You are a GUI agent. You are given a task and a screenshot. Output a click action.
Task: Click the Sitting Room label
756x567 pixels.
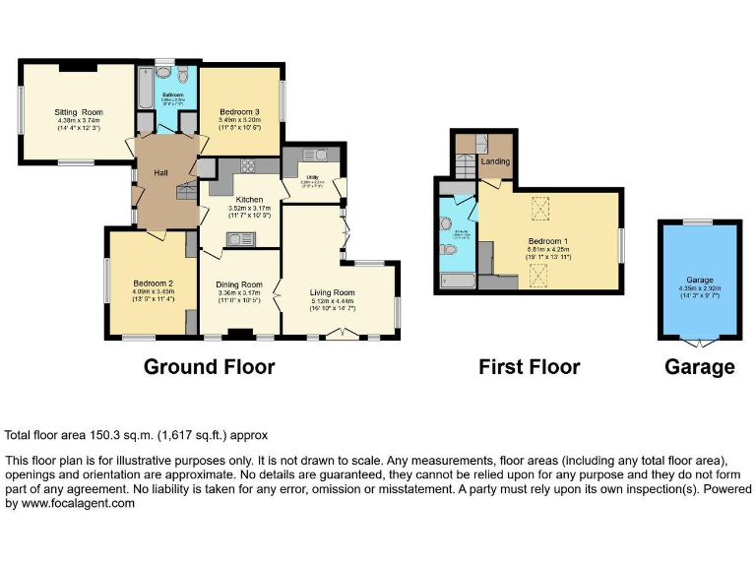[x=78, y=112]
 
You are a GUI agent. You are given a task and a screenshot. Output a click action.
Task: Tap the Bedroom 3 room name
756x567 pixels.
[x=239, y=112]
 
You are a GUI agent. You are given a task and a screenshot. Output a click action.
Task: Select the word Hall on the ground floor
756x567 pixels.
[x=161, y=173]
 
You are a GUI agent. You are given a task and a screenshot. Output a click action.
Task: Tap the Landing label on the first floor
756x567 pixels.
[x=494, y=161]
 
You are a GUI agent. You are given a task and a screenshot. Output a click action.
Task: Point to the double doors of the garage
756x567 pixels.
[x=699, y=343]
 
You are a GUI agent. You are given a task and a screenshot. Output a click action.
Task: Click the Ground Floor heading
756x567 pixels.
[x=209, y=367]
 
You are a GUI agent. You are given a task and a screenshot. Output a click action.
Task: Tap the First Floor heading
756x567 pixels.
[x=529, y=367]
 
